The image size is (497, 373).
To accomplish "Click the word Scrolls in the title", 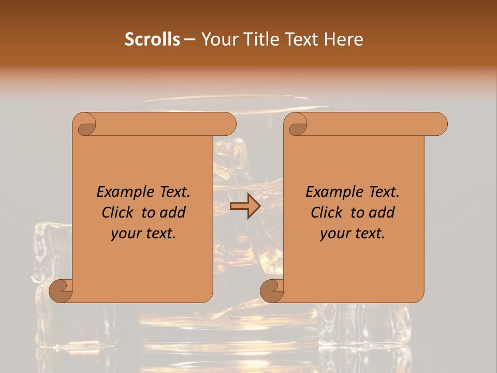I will click(153, 39).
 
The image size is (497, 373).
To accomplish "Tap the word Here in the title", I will click(343, 39).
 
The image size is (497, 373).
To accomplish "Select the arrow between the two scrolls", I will click(245, 206).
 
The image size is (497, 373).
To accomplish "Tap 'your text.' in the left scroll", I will click(143, 233).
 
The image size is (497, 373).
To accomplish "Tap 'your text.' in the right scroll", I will click(353, 233).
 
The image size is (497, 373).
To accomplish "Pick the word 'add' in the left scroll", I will click(173, 212).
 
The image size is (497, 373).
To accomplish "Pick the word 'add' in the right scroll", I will click(382, 212).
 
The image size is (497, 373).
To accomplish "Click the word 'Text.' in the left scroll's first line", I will click(171, 192).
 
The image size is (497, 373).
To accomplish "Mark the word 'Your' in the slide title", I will click(218, 39).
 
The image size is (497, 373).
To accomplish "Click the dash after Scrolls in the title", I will click(189, 40).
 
